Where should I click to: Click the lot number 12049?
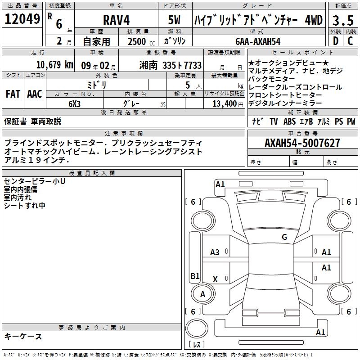coord(22,19)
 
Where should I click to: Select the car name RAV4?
coord(117,20)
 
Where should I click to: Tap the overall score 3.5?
coord(343,20)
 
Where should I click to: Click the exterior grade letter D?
coord(336,41)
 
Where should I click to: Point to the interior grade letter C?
coord(350,41)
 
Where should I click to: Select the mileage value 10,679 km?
coord(55,65)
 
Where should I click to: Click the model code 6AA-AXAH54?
coord(258,41)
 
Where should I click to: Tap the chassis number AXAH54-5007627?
coord(302,143)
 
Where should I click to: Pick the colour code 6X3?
coord(74,104)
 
